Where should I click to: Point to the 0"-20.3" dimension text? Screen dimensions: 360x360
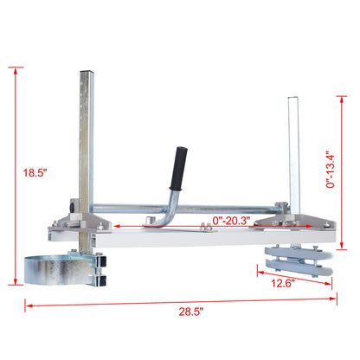[x=231, y=222]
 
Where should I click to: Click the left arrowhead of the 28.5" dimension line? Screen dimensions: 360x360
[x=26, y=304]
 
